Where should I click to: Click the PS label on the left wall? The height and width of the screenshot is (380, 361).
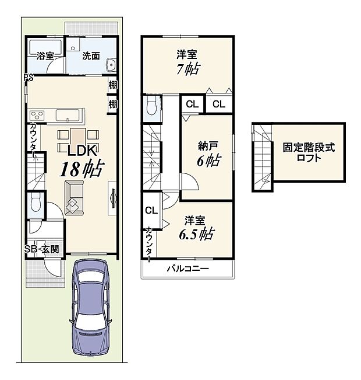coord(27,77)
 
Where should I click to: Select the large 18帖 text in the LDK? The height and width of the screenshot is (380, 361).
coord(82,169)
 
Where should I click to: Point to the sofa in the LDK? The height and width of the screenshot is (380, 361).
coord(74,197)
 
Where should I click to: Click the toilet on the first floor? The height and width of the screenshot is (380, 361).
coord(36,203)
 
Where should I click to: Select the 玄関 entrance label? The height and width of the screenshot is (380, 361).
coord(51,249)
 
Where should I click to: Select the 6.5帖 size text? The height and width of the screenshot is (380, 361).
coord(196,235)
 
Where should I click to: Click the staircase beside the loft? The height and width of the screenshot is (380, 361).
coord(263,158)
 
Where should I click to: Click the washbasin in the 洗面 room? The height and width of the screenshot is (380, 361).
coord(113,65)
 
